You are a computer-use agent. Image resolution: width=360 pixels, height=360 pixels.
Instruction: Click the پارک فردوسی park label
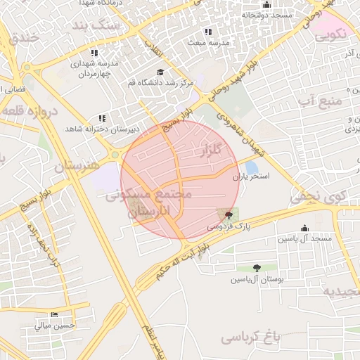point(229,227)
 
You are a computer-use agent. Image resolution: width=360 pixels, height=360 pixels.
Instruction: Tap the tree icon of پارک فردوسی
point(229,214)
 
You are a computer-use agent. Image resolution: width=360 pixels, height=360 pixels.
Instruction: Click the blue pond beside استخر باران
point(251,167)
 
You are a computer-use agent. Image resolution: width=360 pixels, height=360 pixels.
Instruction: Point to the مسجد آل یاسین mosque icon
point(304,228)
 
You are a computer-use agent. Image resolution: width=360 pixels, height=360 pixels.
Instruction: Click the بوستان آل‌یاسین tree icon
point(256,268)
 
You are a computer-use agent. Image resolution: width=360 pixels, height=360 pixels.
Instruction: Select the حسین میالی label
point(54,326)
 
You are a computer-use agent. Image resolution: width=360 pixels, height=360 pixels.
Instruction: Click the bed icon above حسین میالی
point(55,314)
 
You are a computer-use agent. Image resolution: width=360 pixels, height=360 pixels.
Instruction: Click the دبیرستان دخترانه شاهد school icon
point(102,118)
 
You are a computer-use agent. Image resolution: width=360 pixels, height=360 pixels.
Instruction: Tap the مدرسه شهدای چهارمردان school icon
point(94,53)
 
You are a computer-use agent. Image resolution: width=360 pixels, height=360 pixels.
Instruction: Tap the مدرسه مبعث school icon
point(207,32)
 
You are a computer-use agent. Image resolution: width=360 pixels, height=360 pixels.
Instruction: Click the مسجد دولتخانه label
point(266,14)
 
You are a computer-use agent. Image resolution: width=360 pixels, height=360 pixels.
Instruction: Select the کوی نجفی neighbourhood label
point(317,198)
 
